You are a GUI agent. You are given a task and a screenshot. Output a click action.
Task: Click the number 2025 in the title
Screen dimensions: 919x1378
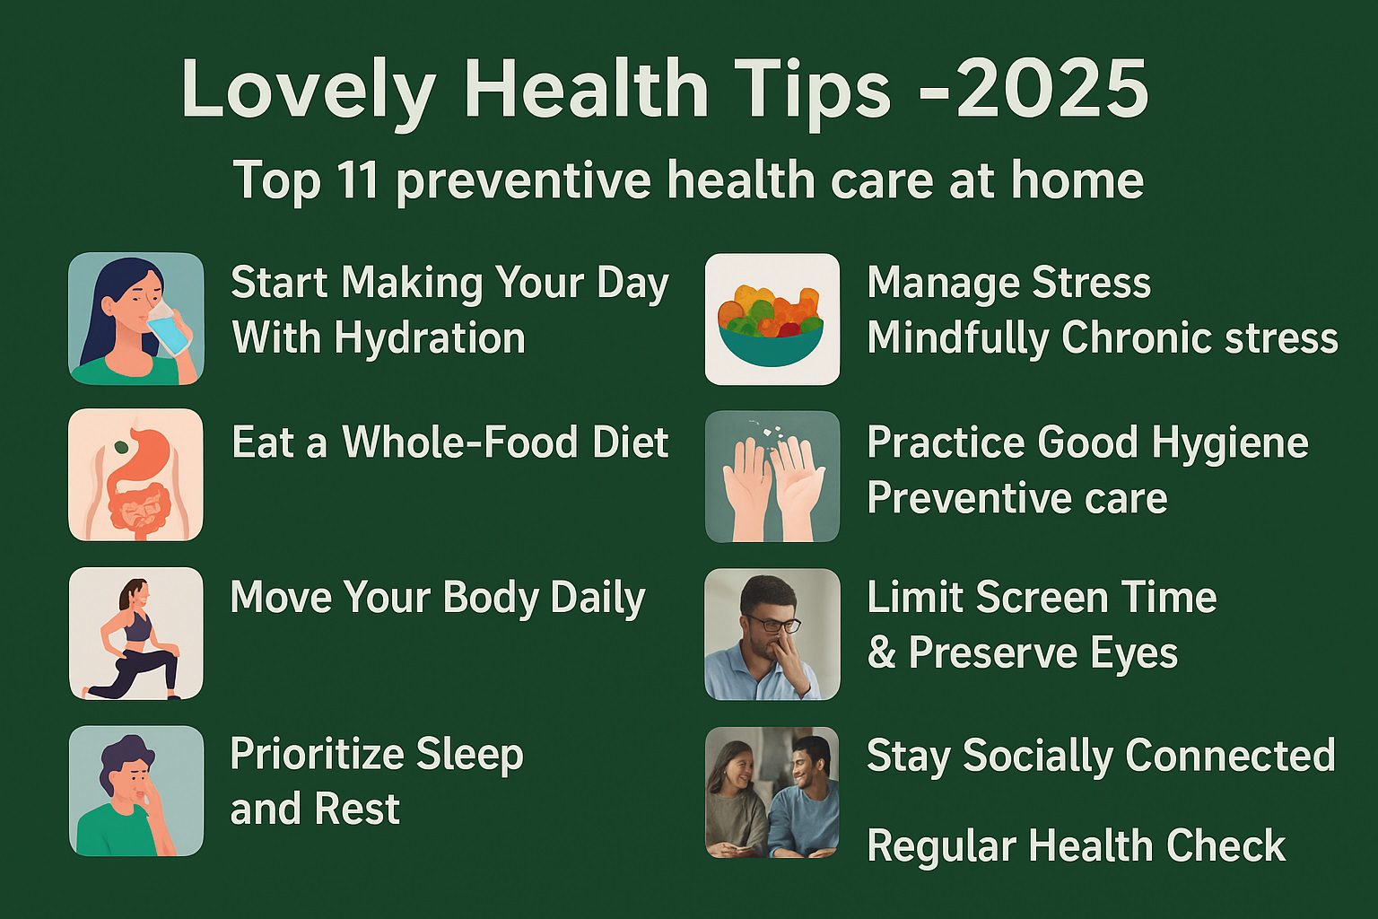(1051, 89)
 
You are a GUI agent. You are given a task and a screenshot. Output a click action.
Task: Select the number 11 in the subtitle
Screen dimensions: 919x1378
(357, 179)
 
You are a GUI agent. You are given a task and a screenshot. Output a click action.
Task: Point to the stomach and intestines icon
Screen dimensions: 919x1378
(135, 475)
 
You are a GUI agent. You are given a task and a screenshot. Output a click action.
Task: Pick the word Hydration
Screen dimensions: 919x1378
(429, 338)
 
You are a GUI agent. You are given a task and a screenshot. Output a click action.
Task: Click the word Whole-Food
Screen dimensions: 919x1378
(460, 442)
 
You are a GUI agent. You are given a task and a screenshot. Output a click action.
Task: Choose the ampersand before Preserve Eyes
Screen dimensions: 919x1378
(881, 652)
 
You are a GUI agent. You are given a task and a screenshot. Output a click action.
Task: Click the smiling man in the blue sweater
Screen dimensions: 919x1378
(804, 794)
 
